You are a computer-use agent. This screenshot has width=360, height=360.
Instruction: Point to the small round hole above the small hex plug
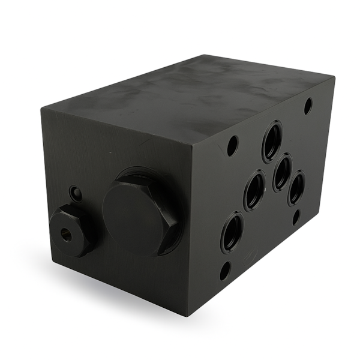(76, 194)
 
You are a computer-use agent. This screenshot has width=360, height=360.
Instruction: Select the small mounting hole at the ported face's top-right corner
(308, 106)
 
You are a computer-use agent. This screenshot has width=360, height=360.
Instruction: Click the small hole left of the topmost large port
(232, 145)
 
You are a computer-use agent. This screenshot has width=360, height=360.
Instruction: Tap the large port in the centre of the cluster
(282, 172)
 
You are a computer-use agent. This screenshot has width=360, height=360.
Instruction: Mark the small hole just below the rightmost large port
(296, 217)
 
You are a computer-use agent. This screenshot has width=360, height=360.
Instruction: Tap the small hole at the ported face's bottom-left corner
(224, 271)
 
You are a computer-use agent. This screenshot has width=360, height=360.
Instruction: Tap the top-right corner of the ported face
(334, 77)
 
